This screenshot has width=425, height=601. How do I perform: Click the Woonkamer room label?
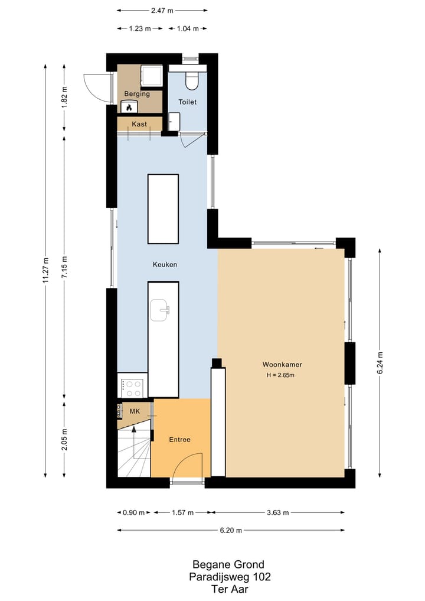(x=282, y=365)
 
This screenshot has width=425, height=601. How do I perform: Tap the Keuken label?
(x=165, y=265)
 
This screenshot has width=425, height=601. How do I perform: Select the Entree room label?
(x=179, y=440)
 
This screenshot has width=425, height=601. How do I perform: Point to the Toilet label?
(x=188, y=102)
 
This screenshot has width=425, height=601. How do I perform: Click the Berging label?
(x=137, y=93)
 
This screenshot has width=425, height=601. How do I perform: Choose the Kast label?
(x=139, y=124)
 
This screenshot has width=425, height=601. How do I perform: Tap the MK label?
(x=135, y=411)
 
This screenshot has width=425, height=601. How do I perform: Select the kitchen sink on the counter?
(x=160, y=310)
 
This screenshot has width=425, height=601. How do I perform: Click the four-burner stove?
(x=133, y=388)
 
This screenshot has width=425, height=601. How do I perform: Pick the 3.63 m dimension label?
(x=277, y=513)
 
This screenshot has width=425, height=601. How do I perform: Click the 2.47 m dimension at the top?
(x=162, y=10)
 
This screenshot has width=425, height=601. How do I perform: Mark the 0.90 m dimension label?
(x=133, y=513)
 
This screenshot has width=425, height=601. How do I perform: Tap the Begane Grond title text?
(x=228, y=564)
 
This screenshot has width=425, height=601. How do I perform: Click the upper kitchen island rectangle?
(x=163, y=209)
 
